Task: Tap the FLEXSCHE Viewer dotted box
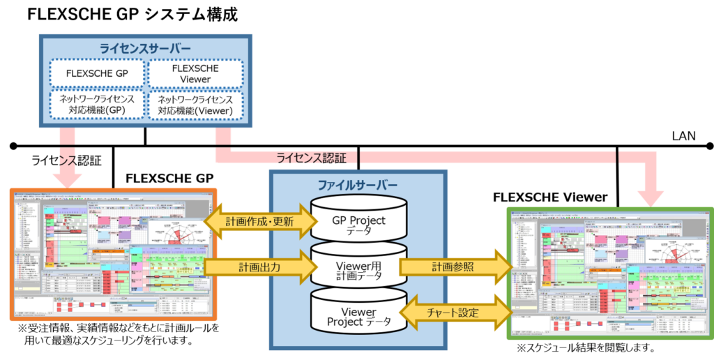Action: (195, 74)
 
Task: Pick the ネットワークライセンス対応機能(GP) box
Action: (98, 104)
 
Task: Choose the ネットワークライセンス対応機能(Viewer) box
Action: (195, 104)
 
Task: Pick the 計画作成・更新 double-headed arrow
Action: (259, 222)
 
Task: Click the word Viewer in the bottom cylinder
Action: (358, 311)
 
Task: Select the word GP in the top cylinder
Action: (339, 220)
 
